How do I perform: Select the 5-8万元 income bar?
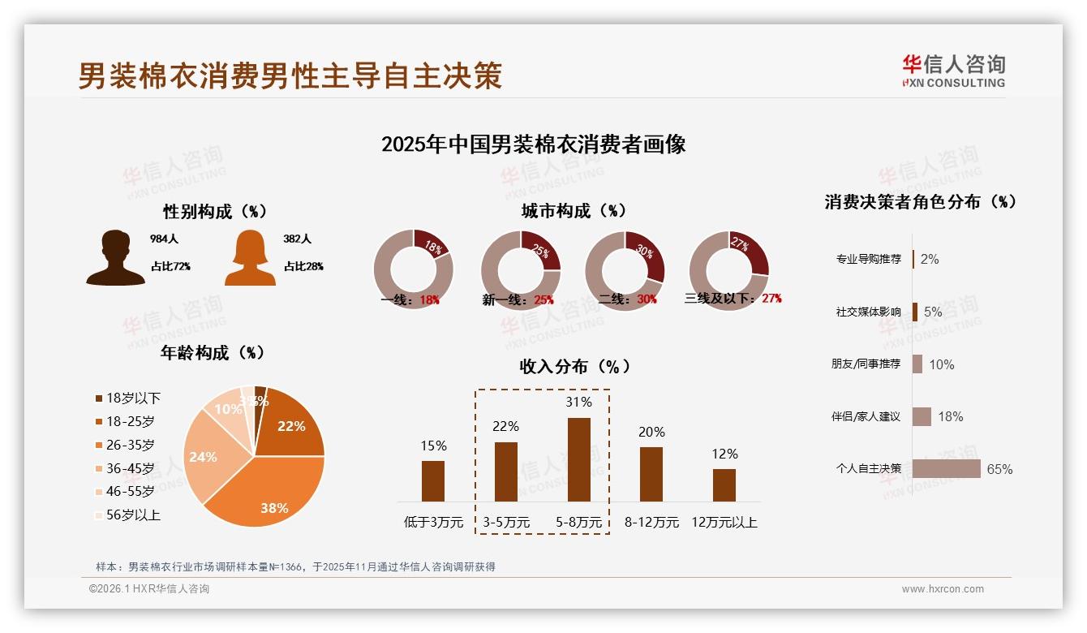coord(579,459)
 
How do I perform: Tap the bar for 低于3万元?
coord(433,480)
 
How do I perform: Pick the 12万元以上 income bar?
coord(724,484)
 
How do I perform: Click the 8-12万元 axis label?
coord(651,523)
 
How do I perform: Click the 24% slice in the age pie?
coord(204,459)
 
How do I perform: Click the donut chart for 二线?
coord(625,269)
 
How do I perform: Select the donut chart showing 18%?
coord(413,269)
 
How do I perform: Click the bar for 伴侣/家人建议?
coord(922,416)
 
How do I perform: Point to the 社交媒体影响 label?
coord(868,312)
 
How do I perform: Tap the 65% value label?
coord(999,469)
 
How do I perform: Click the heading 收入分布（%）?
coord(574,366)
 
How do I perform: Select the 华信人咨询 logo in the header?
coord(953,71)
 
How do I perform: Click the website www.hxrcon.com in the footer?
coord(943,589)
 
